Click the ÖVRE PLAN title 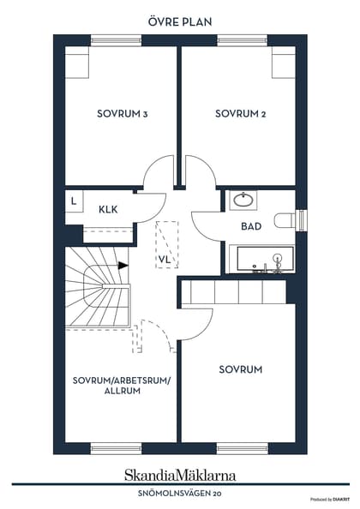(x=180, y=21)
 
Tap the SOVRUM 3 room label (x=123, y=114)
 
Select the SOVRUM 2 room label (x=241, y=114)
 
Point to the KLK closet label (x=108, y=209)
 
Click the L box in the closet (x=74, y=201)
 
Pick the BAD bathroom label (x=251, y=226)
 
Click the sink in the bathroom (x=243, y=201)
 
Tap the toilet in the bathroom (x=285, y=221)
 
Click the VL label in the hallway (x=165, y=260)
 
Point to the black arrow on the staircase (x=123, y=266)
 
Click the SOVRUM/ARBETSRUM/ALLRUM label (x=122, y=386)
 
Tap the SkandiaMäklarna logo (x=180, y=475)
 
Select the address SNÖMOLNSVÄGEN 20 (x=179, y=494)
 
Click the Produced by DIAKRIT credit (x=330, y=500)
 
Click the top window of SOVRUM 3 (x=116, y=40)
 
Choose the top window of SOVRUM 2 (x=243, y=40)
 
